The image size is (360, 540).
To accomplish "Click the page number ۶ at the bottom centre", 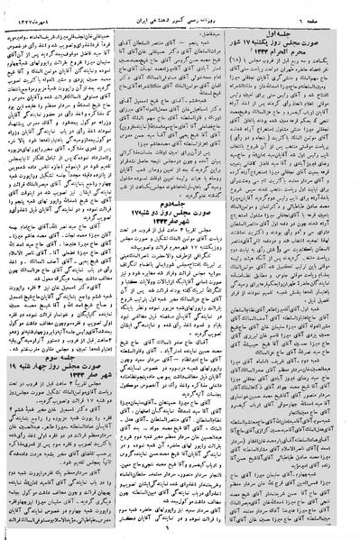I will pyautogui.click(x=180, y=532).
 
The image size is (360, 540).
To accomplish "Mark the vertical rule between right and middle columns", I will pyautogui.click(x=238, y=270).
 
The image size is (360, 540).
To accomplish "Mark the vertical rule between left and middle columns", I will pyautogui.click(x=121, y=270).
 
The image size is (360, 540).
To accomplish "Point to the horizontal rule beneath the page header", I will pyautogui.click(x=180, y=17).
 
